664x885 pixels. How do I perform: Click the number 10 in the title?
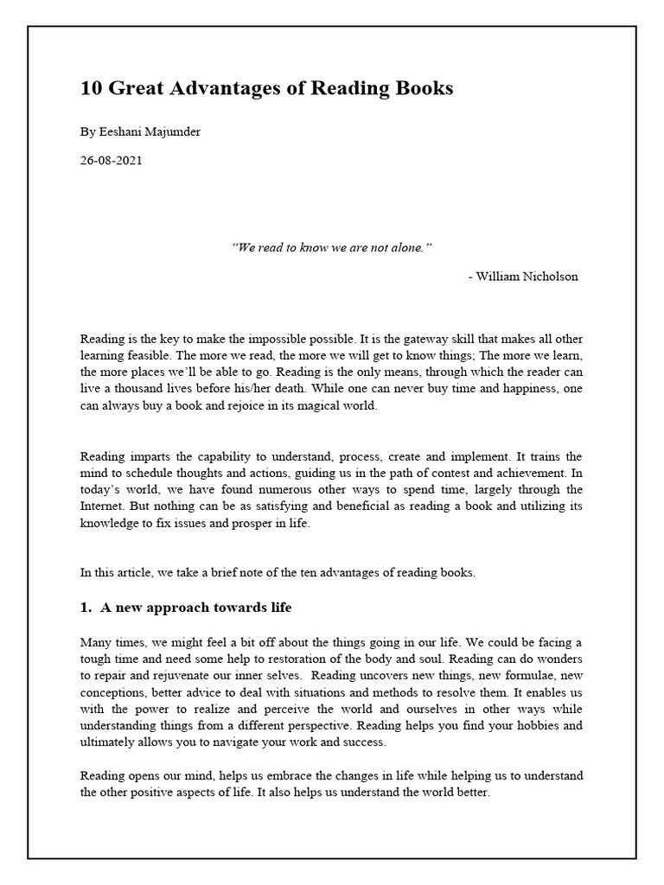tap(91, 88)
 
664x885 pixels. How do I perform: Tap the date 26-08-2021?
tap(111, 160)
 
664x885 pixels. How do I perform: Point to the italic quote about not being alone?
tap(332, 248)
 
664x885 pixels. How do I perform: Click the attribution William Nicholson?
tap(527, 277)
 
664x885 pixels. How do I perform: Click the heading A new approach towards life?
tap(195, 608)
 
